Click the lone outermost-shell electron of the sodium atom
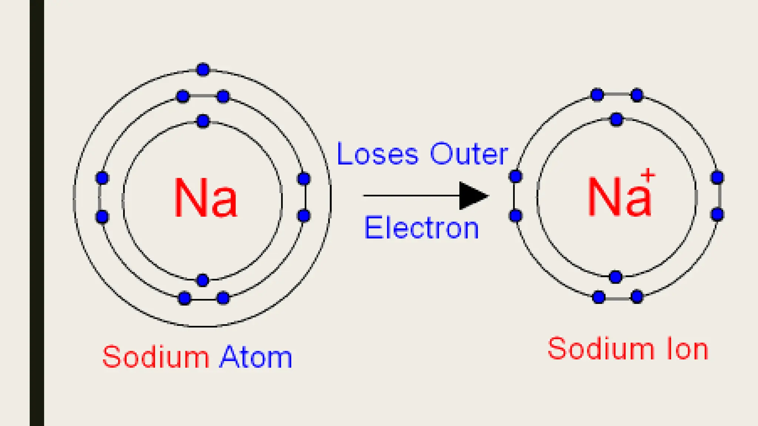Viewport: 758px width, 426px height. click(x=203, y=70)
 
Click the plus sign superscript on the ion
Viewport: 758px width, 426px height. click(x=648, y=175)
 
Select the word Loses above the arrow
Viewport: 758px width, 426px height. click(x=378, y=154)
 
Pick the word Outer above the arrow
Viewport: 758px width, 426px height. click(x=469, y=154)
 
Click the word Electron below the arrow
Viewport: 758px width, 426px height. click(x=421, y=228)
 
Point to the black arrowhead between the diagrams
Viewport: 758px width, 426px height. click(x=472, y=196)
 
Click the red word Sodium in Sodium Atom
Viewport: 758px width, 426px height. click(x=156, y=357)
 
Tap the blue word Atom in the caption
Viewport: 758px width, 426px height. click(x=255, y=357)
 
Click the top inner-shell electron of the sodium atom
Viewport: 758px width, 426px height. click(x=203, y=121)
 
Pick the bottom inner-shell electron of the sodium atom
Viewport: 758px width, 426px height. click(x=203, y=280)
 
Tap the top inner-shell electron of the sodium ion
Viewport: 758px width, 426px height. click(x=616, y=119)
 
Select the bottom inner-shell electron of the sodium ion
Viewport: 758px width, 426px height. click(x=616, y=277)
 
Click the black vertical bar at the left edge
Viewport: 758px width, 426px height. click(x=37, y=213)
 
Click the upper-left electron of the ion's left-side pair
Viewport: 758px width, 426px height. click(x=516, y=176)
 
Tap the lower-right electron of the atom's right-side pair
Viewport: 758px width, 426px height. click(x=304, y=216)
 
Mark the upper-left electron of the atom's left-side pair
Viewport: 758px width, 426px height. click(x=102, y=178)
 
